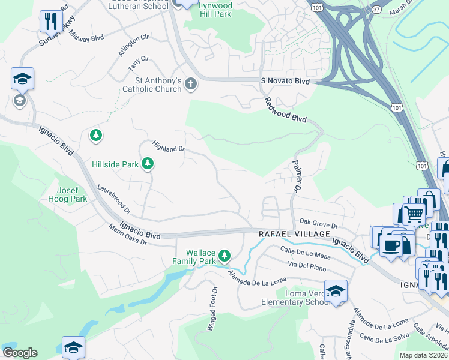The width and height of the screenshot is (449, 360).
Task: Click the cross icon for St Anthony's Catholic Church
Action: tap(191, 83)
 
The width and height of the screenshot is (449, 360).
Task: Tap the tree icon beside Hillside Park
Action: tap(148, 164)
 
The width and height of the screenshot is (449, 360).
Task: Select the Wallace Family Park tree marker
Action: tap(224, 257)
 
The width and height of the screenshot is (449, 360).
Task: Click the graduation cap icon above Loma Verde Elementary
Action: tap(336, 291)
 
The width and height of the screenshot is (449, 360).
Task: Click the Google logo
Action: tap(19, 353)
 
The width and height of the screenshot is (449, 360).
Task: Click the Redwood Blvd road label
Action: tap(286, 111)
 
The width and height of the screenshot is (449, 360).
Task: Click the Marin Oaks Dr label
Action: tap(128, 235)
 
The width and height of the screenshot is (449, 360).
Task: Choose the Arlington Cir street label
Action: tap(133, 46)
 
